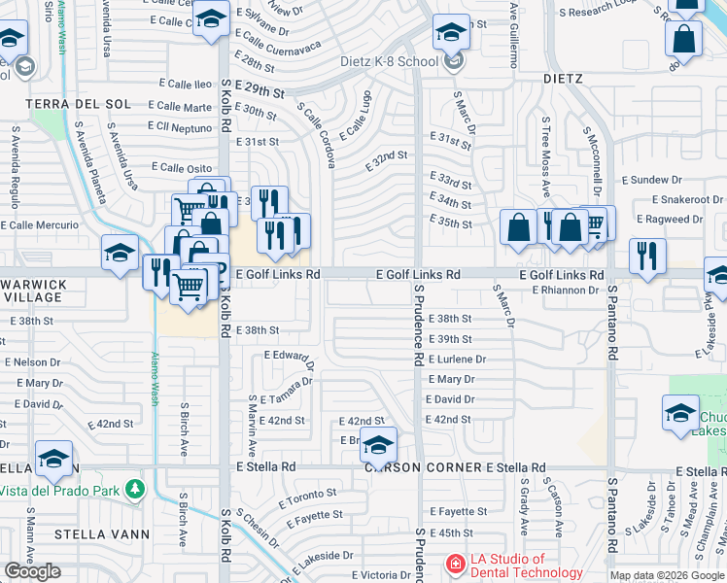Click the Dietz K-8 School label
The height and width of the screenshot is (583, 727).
(x=389, y=62)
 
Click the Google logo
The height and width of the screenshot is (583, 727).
(x=33, y=571)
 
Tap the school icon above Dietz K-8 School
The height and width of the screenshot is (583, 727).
(x=451, y=32)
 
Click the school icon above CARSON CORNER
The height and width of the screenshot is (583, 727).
(x=378, y=444)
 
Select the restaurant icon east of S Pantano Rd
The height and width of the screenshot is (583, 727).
(x=647, y=256)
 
